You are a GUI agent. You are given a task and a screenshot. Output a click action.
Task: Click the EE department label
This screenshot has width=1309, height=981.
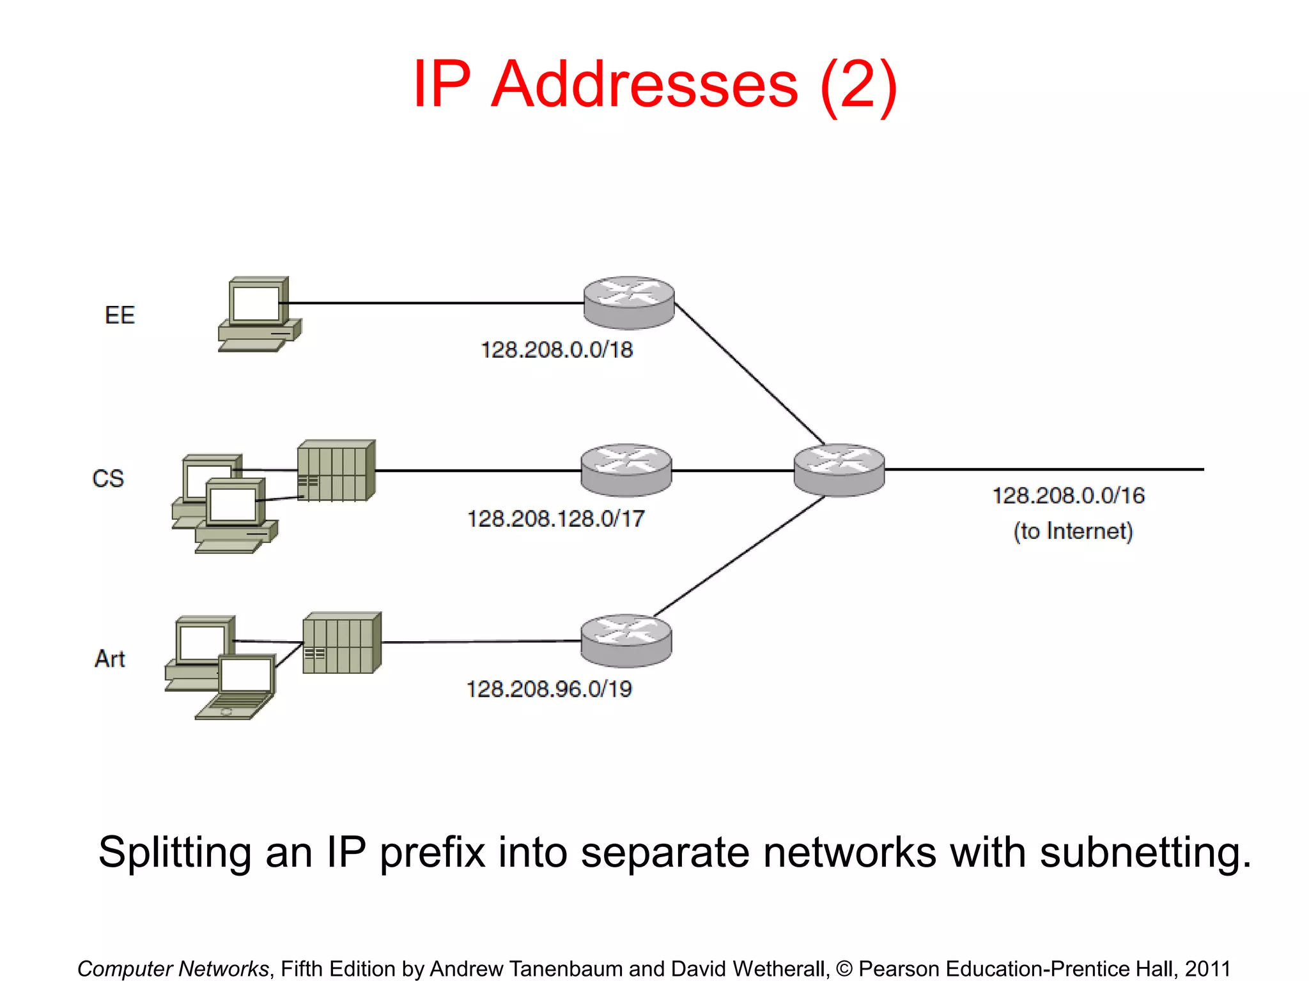tap(120, 315)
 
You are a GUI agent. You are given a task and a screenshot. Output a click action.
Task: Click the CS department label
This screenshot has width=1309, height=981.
tap(108, 478)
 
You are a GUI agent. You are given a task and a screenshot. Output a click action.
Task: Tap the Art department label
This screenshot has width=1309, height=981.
tap(109, 658)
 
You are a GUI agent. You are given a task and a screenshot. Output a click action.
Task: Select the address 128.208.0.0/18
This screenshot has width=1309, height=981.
tap(556, 350)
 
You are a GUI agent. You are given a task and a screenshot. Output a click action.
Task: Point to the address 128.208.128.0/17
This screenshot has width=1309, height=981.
tap(555, 519)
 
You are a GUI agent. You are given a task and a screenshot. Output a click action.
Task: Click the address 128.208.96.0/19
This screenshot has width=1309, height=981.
tap(548, 689)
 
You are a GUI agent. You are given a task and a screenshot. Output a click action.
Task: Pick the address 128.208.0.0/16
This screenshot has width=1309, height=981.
tap(1068, 496)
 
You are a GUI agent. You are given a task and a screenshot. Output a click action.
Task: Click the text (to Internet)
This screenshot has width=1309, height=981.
tap(1073, 531)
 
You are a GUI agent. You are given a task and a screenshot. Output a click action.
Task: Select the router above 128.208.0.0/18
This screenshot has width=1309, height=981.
tap(628, 302)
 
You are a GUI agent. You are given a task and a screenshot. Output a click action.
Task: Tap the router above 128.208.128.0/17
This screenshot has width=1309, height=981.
tap(626, 470)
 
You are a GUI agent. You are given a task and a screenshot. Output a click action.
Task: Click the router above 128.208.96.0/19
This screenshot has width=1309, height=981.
tap(626, 641)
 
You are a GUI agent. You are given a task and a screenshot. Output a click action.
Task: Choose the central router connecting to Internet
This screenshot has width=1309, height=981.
tap(839, 470)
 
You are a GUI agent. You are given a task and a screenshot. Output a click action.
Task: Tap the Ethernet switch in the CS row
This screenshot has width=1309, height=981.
tap(336, 471)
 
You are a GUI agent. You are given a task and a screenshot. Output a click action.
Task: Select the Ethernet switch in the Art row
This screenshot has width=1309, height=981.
tap(342, 643)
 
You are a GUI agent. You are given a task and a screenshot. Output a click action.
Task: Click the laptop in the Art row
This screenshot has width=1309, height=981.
tap(240, 687)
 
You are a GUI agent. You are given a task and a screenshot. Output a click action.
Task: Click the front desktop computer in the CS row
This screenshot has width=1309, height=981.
tap(235, 515)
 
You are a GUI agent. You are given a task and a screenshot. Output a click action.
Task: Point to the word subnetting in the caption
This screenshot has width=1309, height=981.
tap(1145, 852)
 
